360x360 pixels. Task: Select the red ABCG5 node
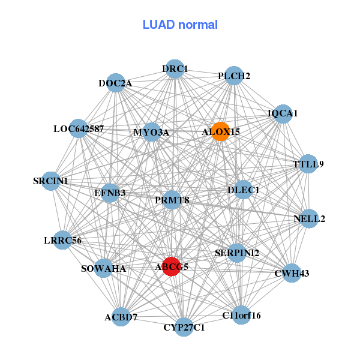point(172,266)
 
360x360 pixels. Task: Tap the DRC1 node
point(175,69)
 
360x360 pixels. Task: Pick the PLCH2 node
point(234,76)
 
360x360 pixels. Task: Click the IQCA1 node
point(283,113)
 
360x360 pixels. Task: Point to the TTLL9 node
point(308,164)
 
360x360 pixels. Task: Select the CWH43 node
point(291,274)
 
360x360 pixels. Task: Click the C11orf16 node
point(241,315)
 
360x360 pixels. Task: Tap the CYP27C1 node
point(184,327)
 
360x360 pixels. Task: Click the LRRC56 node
point(62,241)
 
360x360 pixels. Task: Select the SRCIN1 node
point(51,181)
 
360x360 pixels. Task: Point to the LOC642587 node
point(79,128)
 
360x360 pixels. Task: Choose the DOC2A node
point(115,83)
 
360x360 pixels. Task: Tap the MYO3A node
point(151,132)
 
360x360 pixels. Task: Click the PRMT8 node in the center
point(172,200)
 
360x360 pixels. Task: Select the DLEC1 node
point(243,190)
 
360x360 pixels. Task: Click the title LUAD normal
point(180,25)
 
